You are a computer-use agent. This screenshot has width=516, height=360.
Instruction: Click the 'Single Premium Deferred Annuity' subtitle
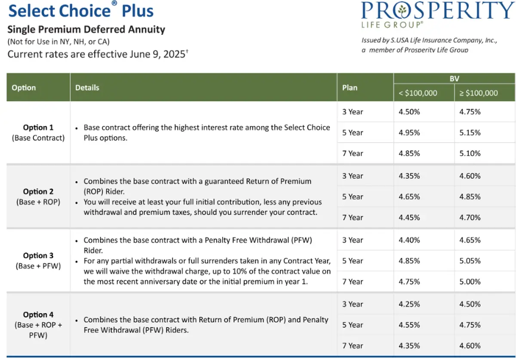[86, 30]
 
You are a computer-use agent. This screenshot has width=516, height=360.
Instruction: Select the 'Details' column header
[87, 88]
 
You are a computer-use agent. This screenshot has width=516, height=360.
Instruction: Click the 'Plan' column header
[350, 88]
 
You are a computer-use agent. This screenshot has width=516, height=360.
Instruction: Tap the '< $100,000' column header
[418, 93]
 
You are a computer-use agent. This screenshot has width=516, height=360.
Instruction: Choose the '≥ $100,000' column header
[479, 93]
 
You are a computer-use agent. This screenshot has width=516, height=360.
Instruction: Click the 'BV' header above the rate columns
[454, 79]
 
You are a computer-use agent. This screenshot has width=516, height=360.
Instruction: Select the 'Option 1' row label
[38, 128]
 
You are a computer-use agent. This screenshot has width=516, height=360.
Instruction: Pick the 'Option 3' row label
[38, 255]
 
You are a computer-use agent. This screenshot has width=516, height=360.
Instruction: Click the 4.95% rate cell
[409, 132]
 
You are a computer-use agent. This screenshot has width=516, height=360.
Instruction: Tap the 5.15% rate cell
[470, 132]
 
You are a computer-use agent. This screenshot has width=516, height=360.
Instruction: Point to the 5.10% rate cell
[470, 153]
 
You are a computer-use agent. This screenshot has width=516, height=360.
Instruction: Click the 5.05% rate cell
[470, 261]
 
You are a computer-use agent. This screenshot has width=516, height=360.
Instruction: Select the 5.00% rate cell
[470, 281]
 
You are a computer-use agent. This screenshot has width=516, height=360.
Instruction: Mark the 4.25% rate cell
[409, 304]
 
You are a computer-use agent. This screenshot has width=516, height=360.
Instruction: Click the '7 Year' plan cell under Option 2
[353, 218]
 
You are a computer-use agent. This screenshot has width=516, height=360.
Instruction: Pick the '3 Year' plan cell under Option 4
[353, 304]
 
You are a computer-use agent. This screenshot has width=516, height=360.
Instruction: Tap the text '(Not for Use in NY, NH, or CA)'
[58, 42]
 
